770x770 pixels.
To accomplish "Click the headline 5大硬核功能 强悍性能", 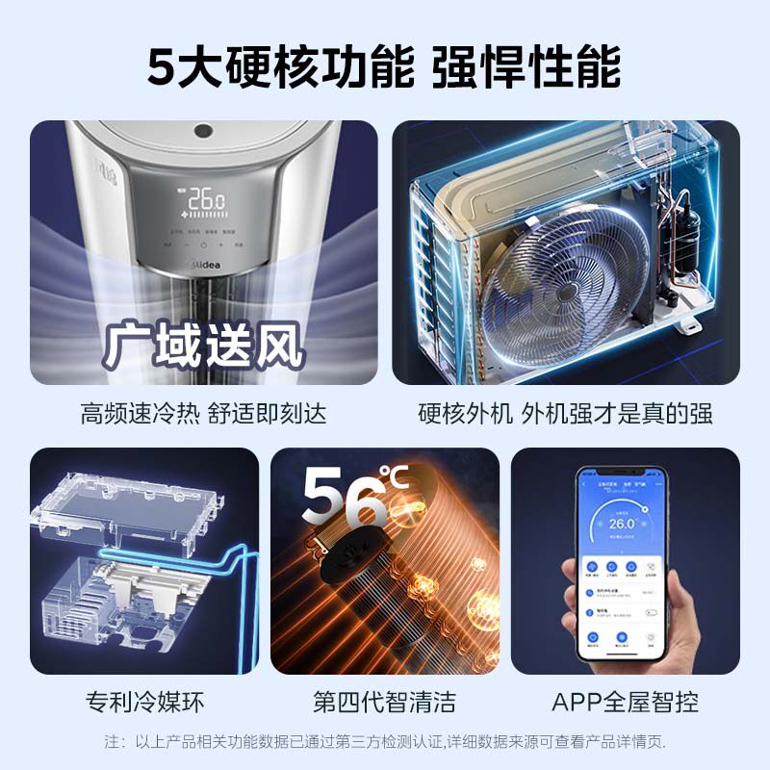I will tap(385, 64).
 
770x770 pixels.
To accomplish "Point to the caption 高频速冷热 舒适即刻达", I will tap(204, 414).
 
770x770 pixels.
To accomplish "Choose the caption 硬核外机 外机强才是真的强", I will tap(566, 414).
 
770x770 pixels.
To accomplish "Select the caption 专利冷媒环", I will tap(144, 701).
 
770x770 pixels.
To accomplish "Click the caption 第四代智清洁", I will tap(385, 701).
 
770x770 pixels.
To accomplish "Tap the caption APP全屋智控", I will tap(626, 701).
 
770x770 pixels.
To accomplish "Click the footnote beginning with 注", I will tap(385, 742).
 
